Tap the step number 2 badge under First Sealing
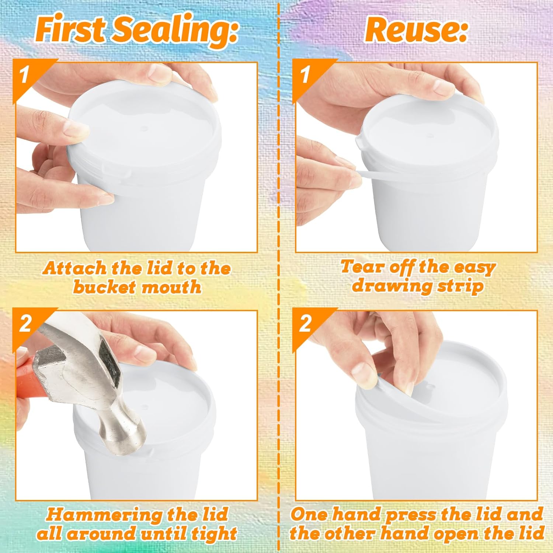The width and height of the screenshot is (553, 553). click(x=25, y=324)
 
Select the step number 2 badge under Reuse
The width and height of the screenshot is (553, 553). click(x=305, y=324)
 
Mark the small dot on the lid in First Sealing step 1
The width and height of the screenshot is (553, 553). click(x=145, y=129)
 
